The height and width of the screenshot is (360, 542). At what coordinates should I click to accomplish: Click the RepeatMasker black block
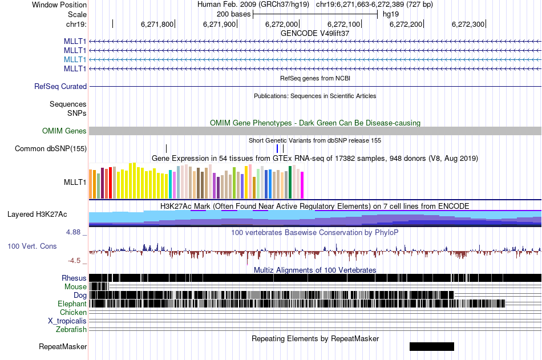[x=431, y=346]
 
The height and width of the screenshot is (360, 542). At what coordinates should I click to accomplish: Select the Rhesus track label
[x=74, y=278]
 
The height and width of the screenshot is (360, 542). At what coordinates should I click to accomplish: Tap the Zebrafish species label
[x=71, y=330]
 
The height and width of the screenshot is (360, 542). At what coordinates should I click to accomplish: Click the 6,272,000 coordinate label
[x=281, y=24]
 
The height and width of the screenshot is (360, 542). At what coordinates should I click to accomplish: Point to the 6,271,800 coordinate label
[x=157, y=24]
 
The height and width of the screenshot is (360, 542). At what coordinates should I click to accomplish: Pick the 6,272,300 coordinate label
[x=468, y=24]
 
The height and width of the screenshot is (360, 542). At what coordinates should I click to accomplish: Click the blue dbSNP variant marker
[x=277, y=148]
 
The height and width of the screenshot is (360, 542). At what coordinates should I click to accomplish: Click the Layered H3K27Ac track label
[x=37, y=215]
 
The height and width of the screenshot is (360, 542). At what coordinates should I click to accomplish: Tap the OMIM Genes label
[x=64, y=131]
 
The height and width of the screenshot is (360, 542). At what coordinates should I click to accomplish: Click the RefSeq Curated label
[x=60, y=87]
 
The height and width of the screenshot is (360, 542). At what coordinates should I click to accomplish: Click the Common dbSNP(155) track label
[x=50, y=149]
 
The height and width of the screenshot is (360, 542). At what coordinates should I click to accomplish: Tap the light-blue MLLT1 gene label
[x=75, y=60]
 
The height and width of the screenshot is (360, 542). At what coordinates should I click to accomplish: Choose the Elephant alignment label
[x=72, y=304]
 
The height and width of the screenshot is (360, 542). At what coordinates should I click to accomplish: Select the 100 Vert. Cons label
[x=31, y=246]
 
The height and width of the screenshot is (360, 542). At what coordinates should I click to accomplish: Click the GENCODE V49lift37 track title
[x=315, y=33]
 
